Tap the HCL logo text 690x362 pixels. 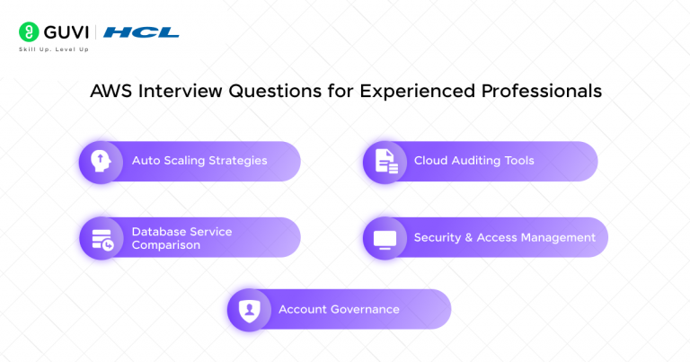point(141,32)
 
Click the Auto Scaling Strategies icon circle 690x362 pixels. point(99,161)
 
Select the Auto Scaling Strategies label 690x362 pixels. point(199,161)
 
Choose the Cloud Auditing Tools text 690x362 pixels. point(473,161)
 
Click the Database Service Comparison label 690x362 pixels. point(181,238)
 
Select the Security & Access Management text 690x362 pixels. point(504,238)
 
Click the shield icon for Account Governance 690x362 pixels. point(247,310)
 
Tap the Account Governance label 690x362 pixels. point(339,310)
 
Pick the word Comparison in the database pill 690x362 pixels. point(166,245)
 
